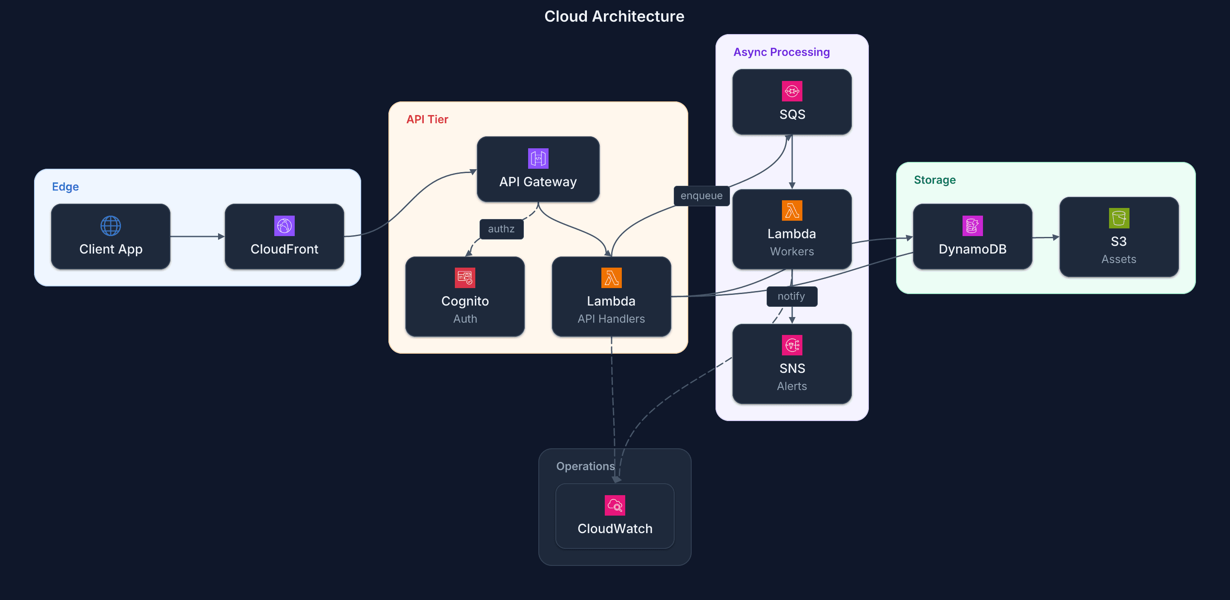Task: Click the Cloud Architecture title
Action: (x=614, y=16)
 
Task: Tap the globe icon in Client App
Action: (x=110, y=225)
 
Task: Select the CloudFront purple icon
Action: (x=284, y=225)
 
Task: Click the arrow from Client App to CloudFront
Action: (x=197, y=237)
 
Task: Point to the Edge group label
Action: (x=66, y=187)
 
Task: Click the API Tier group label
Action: (x=427, y=119)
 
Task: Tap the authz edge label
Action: (x=501, y=229)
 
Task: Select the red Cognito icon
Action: (x=465, y=277)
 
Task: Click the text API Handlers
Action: (x=611, y=319)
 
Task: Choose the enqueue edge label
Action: (x=701, y=196)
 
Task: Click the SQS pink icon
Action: (x=792, y=91)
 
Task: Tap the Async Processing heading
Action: (x=781, y=52)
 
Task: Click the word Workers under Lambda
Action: (x=792, y=251)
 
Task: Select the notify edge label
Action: (x=791, y=296)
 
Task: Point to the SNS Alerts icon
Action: (x=792, y=345)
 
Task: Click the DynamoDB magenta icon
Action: (x=972, y=225)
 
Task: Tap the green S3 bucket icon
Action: (x=1118, y=218)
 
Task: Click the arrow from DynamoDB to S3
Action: (x=1045, y=237)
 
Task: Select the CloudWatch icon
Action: (x=615, y=505)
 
